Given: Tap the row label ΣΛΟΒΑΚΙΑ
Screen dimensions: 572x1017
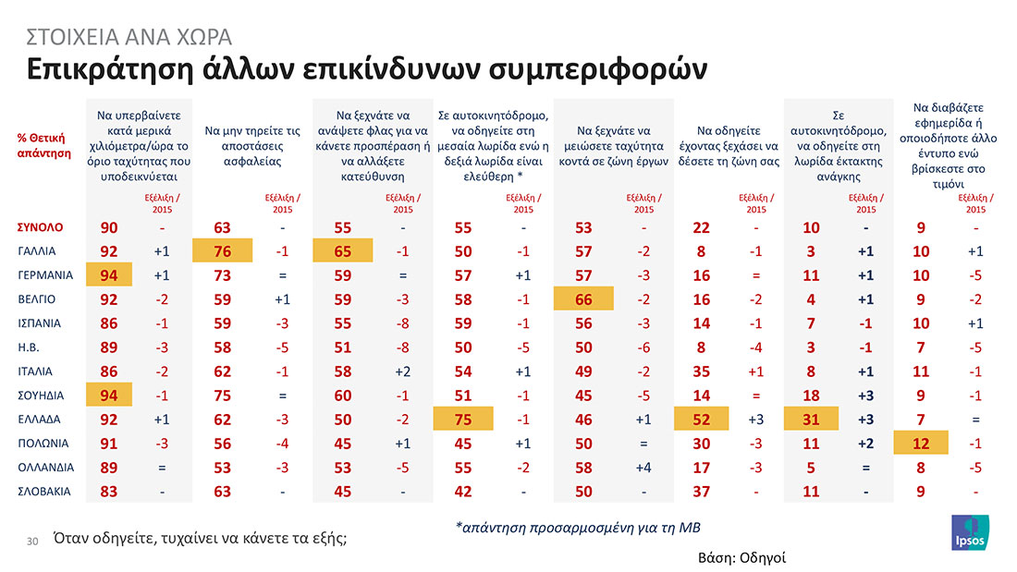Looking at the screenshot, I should point(46,490).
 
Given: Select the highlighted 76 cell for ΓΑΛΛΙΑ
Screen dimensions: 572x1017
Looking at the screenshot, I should point(223,250).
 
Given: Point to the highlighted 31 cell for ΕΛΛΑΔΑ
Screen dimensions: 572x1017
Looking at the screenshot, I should point(811,418).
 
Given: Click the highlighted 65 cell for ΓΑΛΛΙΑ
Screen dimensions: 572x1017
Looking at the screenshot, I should point(342,250).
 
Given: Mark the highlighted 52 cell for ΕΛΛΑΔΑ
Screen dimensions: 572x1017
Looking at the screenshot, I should point(701,418).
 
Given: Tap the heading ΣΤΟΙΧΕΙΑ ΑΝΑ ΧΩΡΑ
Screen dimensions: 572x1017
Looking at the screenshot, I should point(129,37).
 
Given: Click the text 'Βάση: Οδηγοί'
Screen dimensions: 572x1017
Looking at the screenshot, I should point(740,558).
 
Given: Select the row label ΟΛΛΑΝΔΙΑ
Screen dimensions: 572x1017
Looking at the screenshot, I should point(45,466).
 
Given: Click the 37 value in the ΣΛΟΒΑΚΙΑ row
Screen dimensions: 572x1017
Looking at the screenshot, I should point(701,490).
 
